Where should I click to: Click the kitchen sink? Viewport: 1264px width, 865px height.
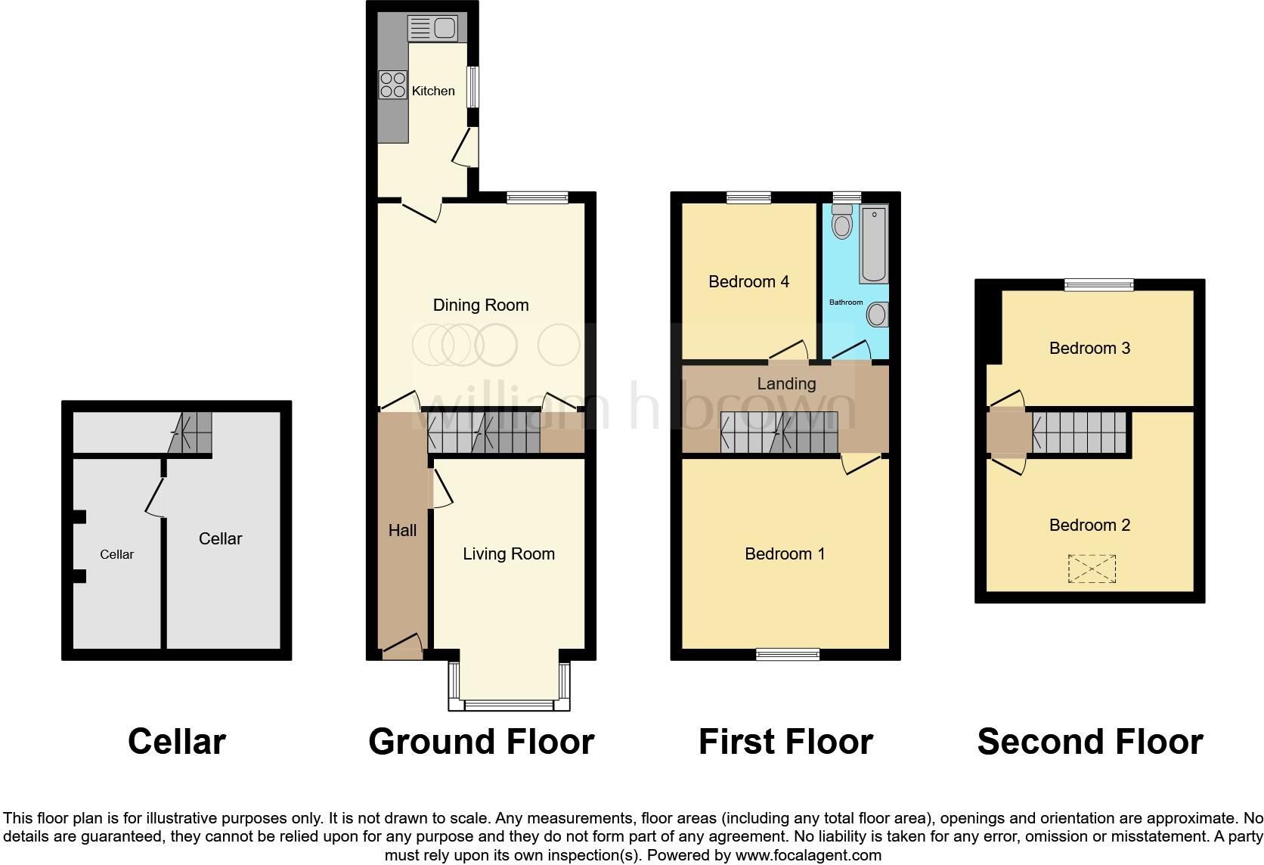(432, 29)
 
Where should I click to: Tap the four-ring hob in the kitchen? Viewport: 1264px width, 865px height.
(392, 85)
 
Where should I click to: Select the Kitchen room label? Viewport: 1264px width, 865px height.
(433, 91)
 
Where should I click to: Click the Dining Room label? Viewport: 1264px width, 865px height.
(480, 305)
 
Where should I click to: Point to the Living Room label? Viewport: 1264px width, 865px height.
(509, 553)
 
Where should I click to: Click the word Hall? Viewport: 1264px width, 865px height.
(402, 530)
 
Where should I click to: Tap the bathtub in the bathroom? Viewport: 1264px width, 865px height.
(873, 244)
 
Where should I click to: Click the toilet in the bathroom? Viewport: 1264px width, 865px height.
(841, 222)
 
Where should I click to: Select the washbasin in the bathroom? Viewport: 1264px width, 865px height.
(878, 315)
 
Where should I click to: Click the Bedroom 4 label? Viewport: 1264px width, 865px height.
(748, 281)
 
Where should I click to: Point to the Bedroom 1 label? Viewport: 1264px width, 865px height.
(785, 553)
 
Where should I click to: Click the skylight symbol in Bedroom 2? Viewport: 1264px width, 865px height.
(1092, 569)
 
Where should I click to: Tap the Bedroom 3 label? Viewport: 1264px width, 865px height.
(1089, 348)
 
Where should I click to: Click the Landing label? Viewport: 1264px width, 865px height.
(786, 383)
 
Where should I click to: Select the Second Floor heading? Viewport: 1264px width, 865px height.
(1089, 742)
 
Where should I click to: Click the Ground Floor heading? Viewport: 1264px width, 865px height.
(481, 742)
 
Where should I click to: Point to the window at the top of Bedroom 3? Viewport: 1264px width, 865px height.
(1099, 284)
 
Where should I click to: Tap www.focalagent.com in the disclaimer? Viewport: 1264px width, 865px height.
(808, 856)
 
